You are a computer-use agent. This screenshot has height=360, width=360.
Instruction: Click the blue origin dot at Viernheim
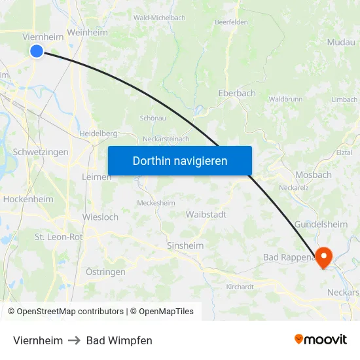pyautogui.click(x=37, y=51)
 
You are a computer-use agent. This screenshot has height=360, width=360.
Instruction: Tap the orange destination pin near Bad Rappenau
pyautogui.click(x=324, y=255)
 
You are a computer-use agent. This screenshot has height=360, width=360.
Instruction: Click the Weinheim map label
pyautogui.click(x=87, y=32)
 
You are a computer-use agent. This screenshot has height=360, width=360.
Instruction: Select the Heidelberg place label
pyautogui.click(x=98, y=133)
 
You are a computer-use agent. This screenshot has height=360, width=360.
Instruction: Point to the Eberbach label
pyautogui.click(x=236, y=93)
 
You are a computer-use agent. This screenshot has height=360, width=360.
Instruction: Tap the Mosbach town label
pyautogui.click(x=313, y=175)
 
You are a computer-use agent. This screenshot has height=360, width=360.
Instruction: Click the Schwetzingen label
pyautogui.click(x=41, y=152)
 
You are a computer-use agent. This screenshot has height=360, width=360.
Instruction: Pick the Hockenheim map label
pyautogui.click(x=28, y=198)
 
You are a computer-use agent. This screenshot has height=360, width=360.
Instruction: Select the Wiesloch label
pyautogui.click(x=100, y=217)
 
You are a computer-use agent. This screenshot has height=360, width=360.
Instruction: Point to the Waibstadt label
pyautogui.click(x=206, y=214)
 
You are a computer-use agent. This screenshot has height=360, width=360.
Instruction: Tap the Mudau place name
pyautogui.click(x=340, y=41)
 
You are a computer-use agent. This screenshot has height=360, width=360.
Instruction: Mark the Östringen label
pyautogui.click(x=105, y=271)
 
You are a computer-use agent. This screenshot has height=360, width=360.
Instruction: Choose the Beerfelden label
pyautogui.click(x=230, y=22)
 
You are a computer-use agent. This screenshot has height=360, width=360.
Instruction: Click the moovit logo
pyautogui.click(x=321, y=339)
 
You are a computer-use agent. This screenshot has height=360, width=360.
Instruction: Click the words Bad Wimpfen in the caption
pyautogui.click(x=119, y=340)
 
